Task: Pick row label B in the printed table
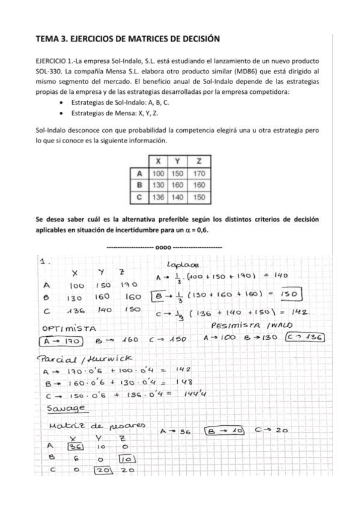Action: (139, 185)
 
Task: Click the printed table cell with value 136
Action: (157, 196)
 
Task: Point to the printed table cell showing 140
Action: (178, 196)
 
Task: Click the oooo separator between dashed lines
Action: (163, 247)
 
